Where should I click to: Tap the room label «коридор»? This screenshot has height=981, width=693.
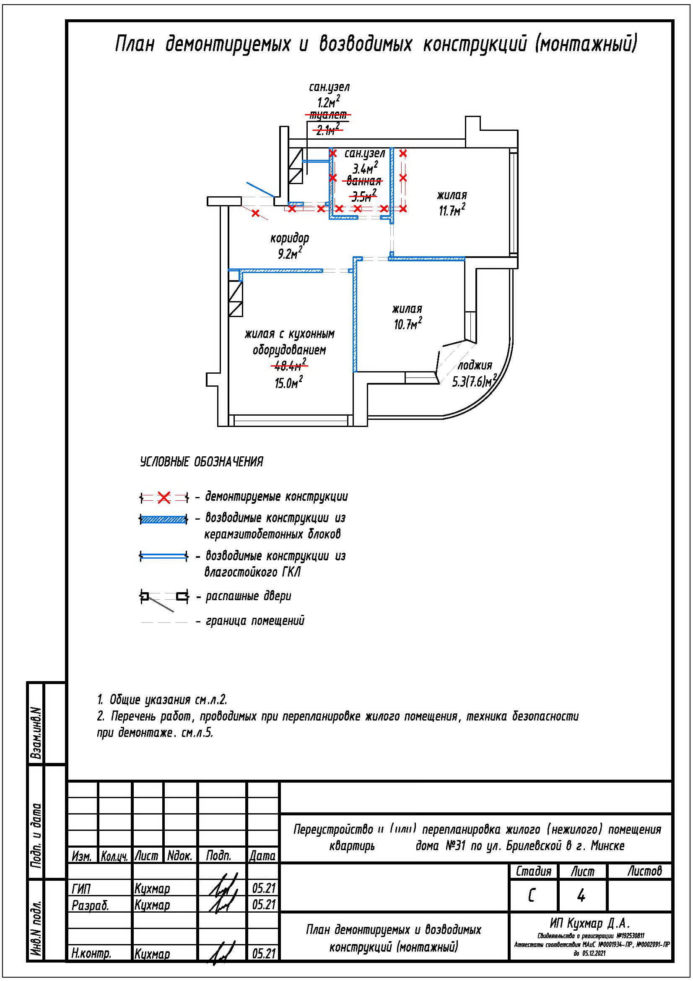(290, 237)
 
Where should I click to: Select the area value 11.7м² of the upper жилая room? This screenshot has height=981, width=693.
(452, 211)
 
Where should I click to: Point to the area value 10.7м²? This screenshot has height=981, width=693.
(408, 325)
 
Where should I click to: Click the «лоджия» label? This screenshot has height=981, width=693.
(475, 365)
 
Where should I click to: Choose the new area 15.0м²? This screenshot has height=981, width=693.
(288, 383)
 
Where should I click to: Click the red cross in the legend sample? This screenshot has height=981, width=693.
(164, 497)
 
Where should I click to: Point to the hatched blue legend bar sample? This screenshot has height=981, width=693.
(164, 520)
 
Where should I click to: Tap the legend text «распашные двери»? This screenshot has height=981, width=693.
(248, 596)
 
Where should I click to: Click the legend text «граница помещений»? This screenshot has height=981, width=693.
(255, 621)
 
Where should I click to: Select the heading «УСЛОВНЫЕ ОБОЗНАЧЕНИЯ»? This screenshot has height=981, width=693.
(202, 462)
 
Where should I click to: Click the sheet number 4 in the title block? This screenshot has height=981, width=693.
(581, 896)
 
